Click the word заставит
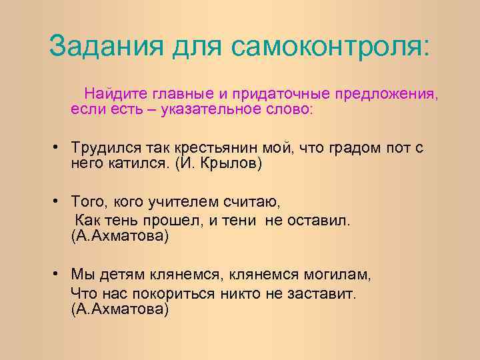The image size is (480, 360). [323, 293]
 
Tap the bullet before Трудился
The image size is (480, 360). [59, 148]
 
